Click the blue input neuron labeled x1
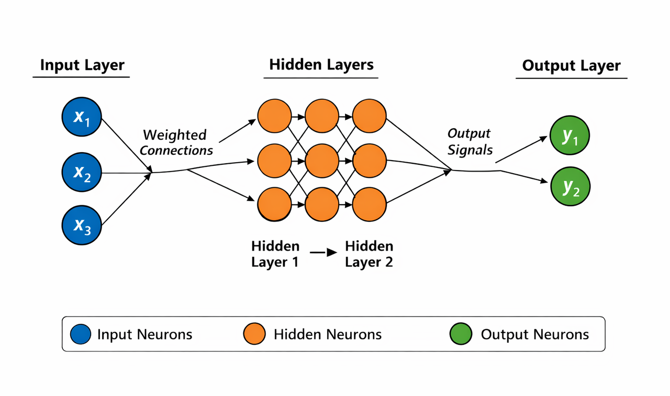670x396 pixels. [x=82, y=117]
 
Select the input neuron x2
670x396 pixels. [x=82, y=172]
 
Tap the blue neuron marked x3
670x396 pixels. [x=82, y=225]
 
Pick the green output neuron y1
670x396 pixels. [x=570, y=136]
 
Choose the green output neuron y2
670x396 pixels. [x=570, y=186]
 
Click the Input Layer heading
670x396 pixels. [x=82, y=65]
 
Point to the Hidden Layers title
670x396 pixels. [x=321, y=65]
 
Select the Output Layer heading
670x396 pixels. [x=571, y=66]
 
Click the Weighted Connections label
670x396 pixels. [x=176, y=142]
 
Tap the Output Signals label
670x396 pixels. [x=470, y=142]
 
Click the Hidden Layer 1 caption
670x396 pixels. [x=275, y=254]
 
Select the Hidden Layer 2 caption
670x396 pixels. [x=369, y=254]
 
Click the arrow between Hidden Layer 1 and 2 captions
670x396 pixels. [x=322, y=253]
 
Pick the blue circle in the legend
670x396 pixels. [x=80, y=334]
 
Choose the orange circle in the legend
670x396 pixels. [x=255, y=334]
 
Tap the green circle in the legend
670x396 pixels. [x=462, y=334]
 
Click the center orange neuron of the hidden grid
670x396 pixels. [x=322, y=162]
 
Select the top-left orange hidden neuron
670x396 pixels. [x=274, y=116]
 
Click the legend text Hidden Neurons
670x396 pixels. [x=328, y=334]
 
